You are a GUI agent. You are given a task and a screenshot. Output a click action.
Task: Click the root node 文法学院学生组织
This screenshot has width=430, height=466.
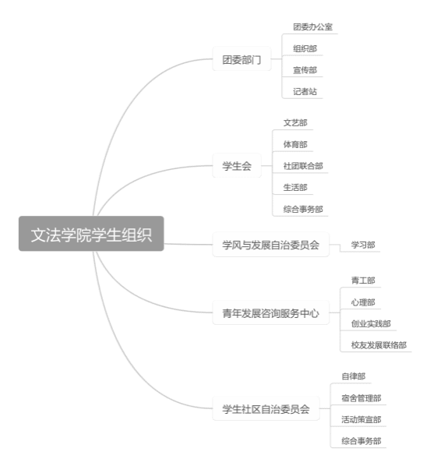[91, 234]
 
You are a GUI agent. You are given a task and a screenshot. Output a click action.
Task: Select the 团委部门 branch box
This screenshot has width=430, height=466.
[241, 59]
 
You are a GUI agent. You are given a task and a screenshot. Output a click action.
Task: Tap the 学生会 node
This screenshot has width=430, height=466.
[237, 165]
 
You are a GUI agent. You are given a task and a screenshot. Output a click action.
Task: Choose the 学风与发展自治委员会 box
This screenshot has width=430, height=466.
[271, 245]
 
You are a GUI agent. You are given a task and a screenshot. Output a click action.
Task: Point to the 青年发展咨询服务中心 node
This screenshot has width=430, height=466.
[271, 312]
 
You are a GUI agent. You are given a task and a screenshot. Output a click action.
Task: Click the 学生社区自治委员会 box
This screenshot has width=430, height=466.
[266, 408]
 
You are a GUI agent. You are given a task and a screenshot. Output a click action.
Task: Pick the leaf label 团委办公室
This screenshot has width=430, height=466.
[312, 27]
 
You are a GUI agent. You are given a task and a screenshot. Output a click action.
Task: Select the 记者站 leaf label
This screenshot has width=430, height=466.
[305, 91]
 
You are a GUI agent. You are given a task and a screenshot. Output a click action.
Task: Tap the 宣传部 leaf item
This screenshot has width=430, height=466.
[305, 70]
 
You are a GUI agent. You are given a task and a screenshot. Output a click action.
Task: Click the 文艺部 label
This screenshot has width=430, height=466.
[295, 123]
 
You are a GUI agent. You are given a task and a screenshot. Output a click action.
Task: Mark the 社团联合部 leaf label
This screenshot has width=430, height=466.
[303, 166]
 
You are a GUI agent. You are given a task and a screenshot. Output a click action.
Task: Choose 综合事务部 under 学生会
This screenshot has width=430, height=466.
[303, 209]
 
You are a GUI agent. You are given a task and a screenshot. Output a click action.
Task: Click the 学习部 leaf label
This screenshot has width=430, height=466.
[363, 245]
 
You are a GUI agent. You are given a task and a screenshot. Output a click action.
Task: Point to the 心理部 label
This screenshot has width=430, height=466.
[363, 302]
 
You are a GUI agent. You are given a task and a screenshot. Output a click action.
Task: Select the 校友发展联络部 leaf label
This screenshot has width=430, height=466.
[379, 345]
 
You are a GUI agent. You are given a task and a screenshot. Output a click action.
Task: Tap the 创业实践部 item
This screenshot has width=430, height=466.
[371, 323]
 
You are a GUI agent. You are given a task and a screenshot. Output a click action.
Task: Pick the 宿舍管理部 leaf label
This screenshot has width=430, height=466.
[361, 398]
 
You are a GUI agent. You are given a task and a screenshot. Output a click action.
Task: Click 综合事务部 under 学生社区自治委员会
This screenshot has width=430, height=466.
[361, 441]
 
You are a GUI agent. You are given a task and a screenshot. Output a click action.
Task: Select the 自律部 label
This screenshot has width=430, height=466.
[354, 376]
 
